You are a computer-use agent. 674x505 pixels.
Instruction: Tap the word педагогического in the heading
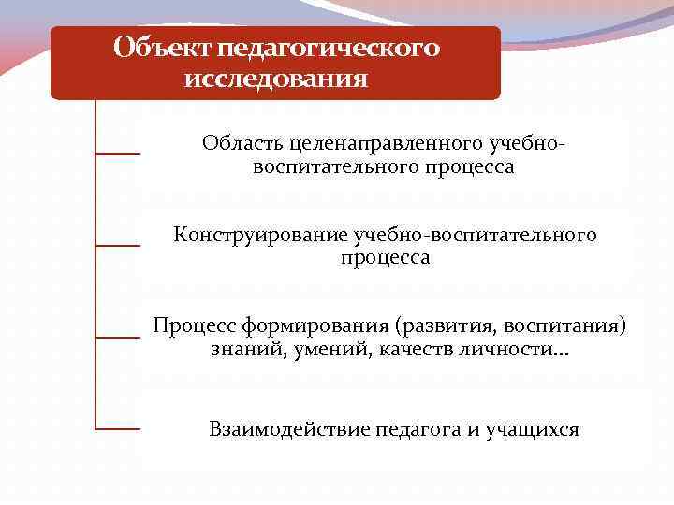point(327,47)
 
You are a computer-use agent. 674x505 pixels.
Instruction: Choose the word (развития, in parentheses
point(446,326)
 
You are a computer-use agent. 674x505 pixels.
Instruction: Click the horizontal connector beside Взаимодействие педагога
point(118,429)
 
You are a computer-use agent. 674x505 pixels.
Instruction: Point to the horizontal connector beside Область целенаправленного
point(118,153)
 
